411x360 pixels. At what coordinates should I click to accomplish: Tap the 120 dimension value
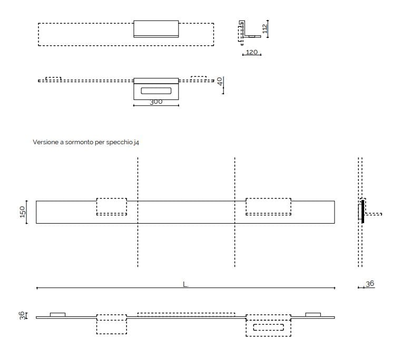252,52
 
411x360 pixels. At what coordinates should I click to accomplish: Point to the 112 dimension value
266,27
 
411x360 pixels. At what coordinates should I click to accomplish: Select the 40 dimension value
220,82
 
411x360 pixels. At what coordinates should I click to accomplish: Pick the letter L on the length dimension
185,284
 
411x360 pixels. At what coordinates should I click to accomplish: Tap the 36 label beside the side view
370,284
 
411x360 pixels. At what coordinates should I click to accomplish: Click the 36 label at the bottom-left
22,315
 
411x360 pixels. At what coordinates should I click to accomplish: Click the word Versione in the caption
45,142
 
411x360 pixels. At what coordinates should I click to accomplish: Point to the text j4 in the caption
136,142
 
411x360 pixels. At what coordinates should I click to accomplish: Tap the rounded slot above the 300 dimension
156,91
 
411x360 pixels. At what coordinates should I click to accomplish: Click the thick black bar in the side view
363,211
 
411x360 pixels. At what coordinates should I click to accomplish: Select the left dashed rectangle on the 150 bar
112,206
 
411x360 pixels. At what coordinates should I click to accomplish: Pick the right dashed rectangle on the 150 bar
268,206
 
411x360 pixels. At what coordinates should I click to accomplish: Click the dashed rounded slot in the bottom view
269,327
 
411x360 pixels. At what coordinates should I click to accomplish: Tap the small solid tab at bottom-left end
57,315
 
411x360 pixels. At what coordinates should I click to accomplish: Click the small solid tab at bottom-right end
313,315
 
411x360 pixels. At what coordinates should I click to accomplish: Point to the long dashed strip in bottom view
186,315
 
